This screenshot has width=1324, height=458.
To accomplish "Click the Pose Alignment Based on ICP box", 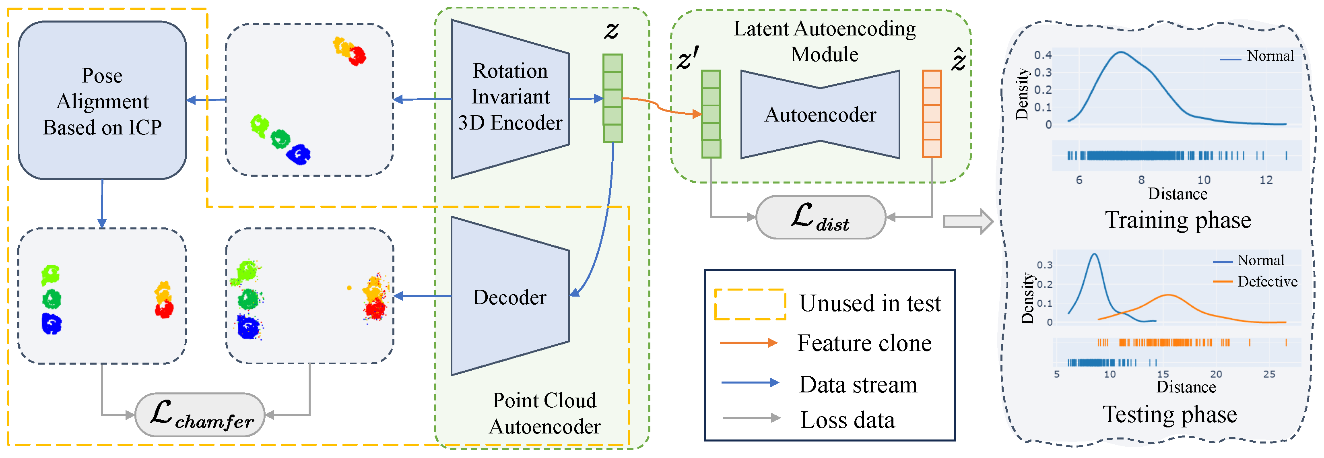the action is coord(102,100).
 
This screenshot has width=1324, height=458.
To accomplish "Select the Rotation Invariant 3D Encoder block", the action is coord(510,99).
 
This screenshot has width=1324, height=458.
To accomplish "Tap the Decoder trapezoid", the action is coord(510,296).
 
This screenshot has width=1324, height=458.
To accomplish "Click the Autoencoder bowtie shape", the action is coord(820,114).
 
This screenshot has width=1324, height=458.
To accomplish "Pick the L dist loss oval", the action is coord(821,217).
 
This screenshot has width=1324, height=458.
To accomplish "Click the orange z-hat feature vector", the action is coord(932,113).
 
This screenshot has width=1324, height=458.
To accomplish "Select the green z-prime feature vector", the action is coord(711,113).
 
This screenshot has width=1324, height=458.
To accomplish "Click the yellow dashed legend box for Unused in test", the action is coord(750,304).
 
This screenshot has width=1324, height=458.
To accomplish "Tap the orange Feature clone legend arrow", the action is coord(749,343).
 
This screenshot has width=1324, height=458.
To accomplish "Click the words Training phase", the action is coord(1178,220).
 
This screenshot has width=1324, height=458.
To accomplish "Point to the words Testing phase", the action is coord(1170,414).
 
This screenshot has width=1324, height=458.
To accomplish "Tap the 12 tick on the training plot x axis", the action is coord(1266,179).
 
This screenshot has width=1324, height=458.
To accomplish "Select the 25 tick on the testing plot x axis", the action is coord(1269,374).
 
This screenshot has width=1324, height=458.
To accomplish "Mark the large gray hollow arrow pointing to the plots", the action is coord(968,221).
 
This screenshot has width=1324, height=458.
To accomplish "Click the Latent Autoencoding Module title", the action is coord(825,41).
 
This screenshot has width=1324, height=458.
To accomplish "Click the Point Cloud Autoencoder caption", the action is coord(545,413).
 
